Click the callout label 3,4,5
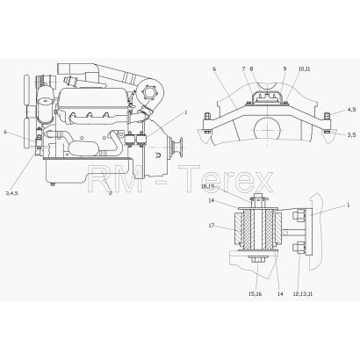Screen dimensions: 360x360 (x=12, y=193)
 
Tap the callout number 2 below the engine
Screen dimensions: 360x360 (x=111, y=193)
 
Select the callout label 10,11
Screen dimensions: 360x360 (x=304, y=69)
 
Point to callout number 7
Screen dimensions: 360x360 (x=243, y=69)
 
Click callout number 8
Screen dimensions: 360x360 (x=251, y=69)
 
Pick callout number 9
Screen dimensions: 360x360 (x=284, y=69)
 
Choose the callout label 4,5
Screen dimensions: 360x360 (x=351, y=110)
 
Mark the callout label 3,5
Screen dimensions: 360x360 (x=351, y=134)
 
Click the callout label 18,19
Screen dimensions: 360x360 (x=207, y=186)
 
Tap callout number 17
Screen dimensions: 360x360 (x=212, y=226)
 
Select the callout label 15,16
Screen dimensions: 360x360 (x=256, y=294)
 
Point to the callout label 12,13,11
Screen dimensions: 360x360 (x=302, y=294)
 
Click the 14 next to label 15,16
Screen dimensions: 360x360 (x=280, y=294)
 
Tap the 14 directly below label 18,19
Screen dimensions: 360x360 (x=212, y=201)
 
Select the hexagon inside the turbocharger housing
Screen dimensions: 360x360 (x=149, y=94)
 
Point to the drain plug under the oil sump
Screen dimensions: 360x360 (x=53, y=184)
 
